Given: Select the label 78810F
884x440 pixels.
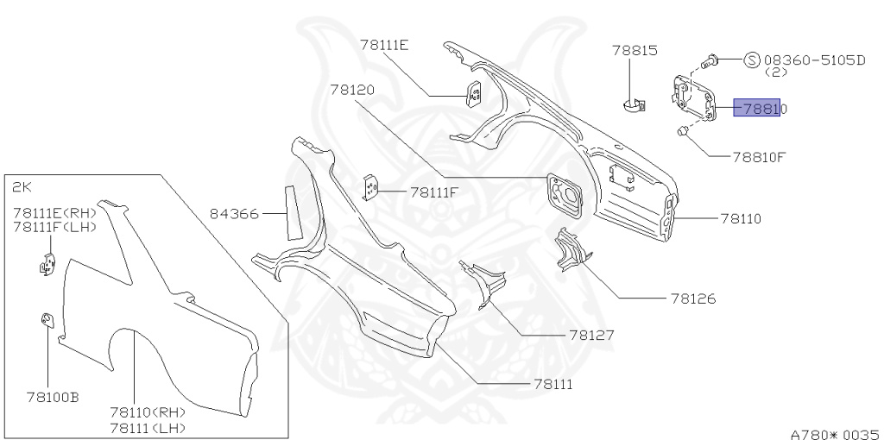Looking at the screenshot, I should (759, 157).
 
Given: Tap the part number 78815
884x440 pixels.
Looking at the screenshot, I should (635, 51).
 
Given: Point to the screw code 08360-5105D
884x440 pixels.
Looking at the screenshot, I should (814, 60).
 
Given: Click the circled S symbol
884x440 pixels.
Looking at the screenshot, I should (752, 60).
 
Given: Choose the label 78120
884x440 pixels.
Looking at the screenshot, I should (351, 89).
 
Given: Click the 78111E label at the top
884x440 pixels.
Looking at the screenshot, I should (384, 45).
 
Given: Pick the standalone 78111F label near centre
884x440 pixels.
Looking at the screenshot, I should (433, 192).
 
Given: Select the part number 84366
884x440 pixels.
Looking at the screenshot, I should (234, 212).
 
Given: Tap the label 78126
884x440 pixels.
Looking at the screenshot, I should (692, 299).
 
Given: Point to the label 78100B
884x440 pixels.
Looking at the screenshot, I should (53, 397).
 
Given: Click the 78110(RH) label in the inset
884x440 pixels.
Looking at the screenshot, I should (147, 413).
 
